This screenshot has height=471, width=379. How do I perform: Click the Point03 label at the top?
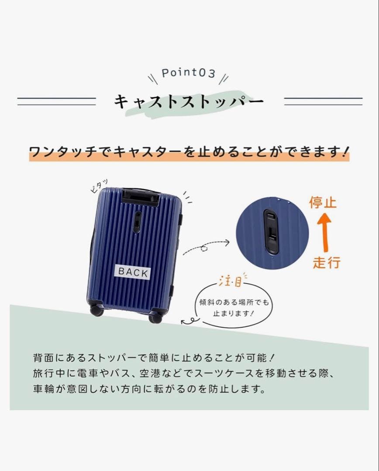pyautogui.click(x=188, y=73)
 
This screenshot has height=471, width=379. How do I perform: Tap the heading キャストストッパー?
pyautogui.click(x=189, y=102)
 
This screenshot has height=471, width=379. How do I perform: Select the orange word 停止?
pyautogui.click(x=323, y=203)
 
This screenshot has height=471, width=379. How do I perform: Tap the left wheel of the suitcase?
pyautogui.click(x=96, y=311)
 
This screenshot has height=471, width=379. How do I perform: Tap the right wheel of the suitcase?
pyautogui.click(x=155, y=317)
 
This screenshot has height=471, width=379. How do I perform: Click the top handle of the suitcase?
pyautogui.click(x=140, y=197)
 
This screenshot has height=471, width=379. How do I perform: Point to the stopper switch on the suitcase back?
pyautogui.click(x=137, y=222)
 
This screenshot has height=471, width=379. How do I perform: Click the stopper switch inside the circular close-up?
pyautogui.click(x=271, y=232)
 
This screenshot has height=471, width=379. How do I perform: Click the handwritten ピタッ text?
pyautogui.click(x=98, y=186)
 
